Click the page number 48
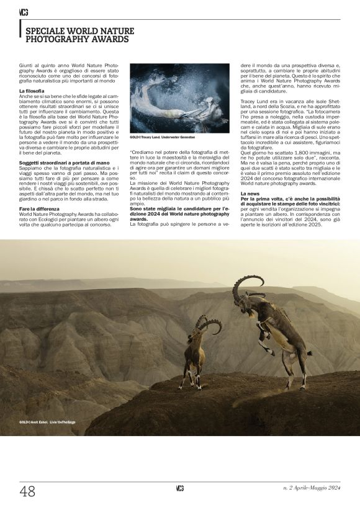click(x=27, y=491)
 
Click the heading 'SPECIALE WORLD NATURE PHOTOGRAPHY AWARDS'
click(x=77, y=34)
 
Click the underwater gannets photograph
click(x=179, y=98)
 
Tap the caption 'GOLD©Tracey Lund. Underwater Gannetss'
click(x=162, y=137)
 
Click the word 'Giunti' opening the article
click(x=26, y=65)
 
